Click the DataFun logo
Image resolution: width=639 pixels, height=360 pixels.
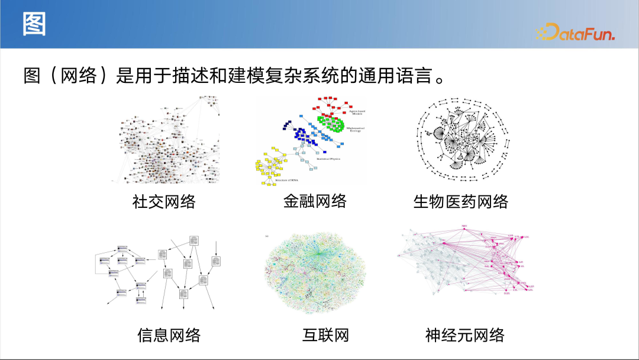pyautogui.click(x=575, y=33)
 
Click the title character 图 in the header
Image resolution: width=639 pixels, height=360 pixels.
pyautogui.click(x=34, y=25)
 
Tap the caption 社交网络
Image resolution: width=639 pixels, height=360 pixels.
pyautogui.click(x=164, y=201)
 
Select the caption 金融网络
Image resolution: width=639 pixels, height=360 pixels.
pyautogui.click(x=315, y=201)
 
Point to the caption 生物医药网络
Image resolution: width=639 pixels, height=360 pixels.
pyautogui.click(x=460, y=201)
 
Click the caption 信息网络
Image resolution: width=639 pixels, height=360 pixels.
pyautogui.click(x=169, y=335)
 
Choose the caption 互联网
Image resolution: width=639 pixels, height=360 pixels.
pyautogui.click(x=325, y=335)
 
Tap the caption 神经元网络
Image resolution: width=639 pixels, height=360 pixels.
pyautogui.click(x=465, y=335)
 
